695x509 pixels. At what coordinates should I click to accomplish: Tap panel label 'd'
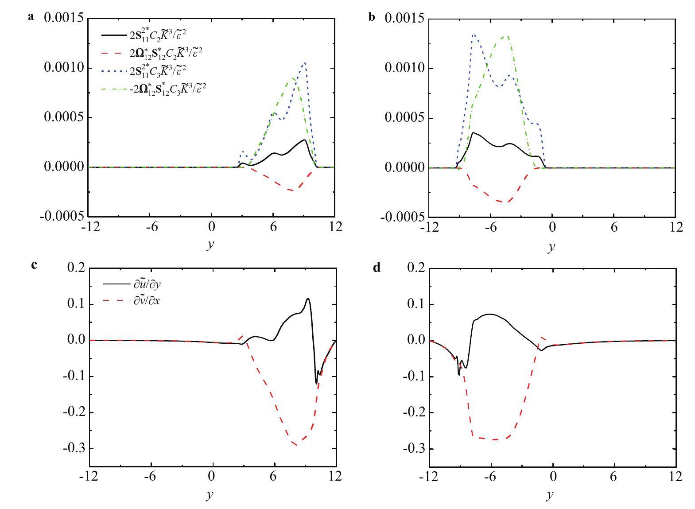pos(377,268)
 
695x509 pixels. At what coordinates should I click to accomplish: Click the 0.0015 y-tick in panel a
pos(64,19)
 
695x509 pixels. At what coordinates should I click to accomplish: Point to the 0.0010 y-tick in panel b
pos(404,69)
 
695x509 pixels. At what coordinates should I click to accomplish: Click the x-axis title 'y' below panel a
pos(210,245)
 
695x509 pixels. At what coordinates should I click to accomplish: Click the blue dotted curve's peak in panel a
pos(305,63)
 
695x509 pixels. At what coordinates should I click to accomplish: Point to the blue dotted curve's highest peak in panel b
pos(474,34)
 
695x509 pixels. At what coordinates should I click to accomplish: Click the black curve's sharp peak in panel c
pos(308,299)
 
